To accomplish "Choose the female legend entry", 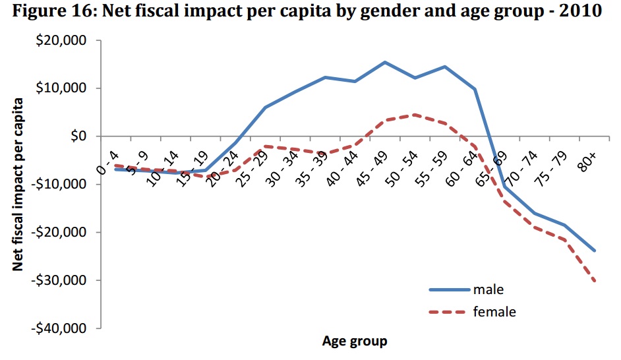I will (494, 311).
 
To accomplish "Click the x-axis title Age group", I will (355, 342).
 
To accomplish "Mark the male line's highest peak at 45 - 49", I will (385, 62).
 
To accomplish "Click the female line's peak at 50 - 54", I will (415, 114).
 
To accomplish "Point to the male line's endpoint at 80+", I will (595, 251).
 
